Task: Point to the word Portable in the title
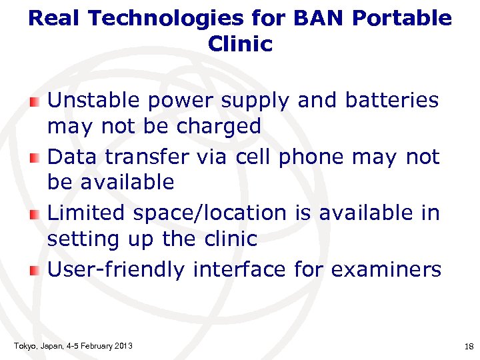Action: tap(402, 18)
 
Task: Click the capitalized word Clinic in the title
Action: tap(240, 44)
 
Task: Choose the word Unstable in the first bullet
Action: tap(94, 100)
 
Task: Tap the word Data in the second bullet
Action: tap(70, 157)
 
